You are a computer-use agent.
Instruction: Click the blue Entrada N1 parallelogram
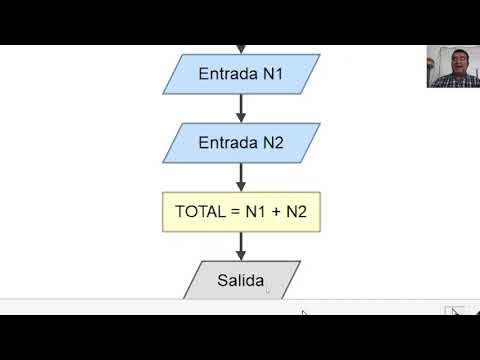pos(241,74)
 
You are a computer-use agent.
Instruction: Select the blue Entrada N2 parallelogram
pos(241,143)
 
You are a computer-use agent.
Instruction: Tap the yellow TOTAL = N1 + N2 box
pos(241,211)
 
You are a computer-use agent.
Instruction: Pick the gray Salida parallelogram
pos(241,280)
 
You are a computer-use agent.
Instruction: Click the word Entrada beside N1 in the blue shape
pos(226,74)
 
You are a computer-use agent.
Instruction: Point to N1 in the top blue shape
pos(272,74)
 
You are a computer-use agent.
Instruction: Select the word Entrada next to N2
pos(226,143)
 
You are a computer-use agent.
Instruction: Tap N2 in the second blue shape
pos(272,143)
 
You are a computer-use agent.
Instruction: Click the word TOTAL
pos(199,212)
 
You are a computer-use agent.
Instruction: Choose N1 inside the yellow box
pos(255,212)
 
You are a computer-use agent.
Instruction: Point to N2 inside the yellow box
pos(297,212)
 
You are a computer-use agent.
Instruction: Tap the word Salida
pos(240,280)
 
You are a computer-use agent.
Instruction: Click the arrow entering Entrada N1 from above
pos(241,48)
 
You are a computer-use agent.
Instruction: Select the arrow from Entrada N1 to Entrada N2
pos(241,109)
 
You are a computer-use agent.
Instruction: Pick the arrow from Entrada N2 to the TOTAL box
pos(241,177)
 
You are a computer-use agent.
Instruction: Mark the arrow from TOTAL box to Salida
pos(241,246)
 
